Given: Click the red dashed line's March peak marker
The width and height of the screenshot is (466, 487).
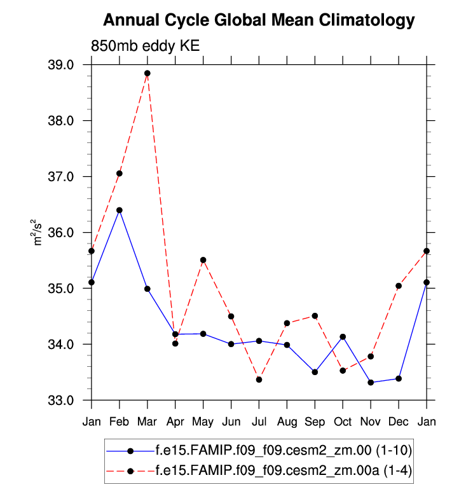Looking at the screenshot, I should point(147,73).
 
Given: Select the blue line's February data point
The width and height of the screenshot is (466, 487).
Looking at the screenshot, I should point(120,210).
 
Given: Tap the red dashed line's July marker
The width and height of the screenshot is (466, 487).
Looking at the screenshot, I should point(259,380).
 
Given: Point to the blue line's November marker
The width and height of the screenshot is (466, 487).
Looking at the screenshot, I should point(371,382).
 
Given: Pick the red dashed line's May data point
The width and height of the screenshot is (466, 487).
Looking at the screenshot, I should point(203,260).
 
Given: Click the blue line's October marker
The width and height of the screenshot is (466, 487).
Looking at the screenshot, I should point(343,336).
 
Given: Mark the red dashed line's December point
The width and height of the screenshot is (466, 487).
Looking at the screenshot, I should point(399,286).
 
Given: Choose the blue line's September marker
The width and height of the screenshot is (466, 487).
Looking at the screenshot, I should point(315,372).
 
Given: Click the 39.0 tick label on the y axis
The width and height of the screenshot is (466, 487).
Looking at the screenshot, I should point(62,65).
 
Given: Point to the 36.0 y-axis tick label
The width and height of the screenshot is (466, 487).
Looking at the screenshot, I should point(62,233).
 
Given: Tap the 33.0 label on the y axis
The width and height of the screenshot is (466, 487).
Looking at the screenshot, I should point(62,401).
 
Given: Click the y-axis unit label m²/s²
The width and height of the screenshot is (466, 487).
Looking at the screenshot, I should point(39,233).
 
